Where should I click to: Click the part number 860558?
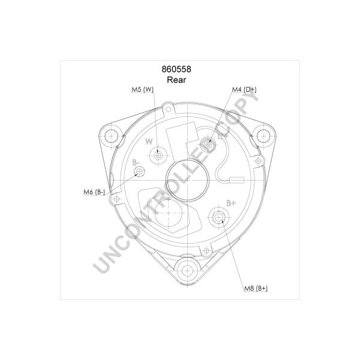tap(176, 69)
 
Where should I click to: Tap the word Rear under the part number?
tap(176, 80)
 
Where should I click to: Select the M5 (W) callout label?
tap(142, 89)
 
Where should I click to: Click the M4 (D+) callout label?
tap(244, 89)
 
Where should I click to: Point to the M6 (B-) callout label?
tap(94, 192)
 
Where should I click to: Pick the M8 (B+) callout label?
tap(256, 289)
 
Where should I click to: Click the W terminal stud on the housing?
tap(158, 156)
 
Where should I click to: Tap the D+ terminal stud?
tap(208, 145)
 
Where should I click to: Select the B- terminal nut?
tap(139, 171)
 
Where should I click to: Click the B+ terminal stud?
tap(218, 217)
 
